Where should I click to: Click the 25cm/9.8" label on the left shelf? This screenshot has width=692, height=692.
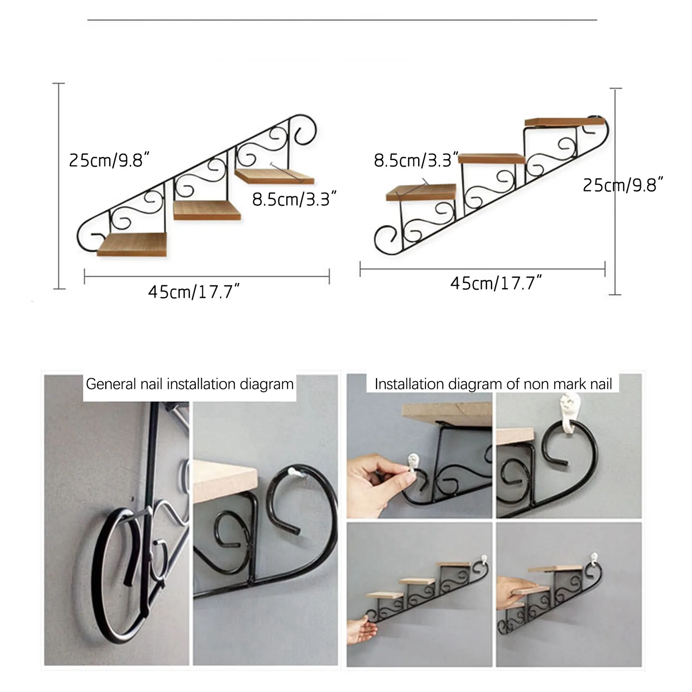click(109, 160)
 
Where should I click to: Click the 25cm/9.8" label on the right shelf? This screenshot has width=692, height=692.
click(622, 185)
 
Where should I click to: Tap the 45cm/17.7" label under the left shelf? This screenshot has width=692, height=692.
click(193, 292)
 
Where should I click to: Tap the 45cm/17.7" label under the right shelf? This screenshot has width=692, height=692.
click(496, 283)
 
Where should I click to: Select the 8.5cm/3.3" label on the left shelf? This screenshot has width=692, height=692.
click(294, 199)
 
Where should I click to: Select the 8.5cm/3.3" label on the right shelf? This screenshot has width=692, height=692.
click(416, 160)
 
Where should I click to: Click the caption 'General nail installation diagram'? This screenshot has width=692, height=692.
click(189, 384)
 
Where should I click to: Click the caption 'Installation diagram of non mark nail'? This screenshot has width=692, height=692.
click(493, 384)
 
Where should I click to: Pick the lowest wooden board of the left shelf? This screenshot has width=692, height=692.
click(132, 244)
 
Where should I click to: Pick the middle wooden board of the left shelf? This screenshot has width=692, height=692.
click(207, 210)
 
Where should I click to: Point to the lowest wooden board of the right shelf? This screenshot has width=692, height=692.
click(421, 192)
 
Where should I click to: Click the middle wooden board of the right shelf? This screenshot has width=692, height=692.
click(491, 158)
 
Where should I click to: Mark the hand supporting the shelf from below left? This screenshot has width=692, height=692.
click(362, 631)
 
